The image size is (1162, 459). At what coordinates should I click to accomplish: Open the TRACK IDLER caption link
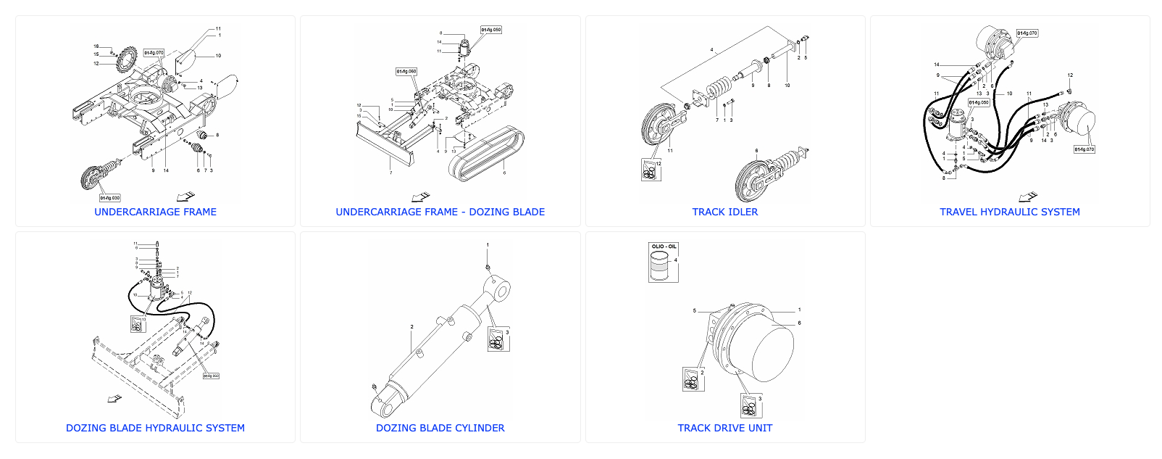[724, 212]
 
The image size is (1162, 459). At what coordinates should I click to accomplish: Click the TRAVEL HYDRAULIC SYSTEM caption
[1009, 212]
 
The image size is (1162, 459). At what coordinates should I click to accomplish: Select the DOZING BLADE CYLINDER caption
[440, 428]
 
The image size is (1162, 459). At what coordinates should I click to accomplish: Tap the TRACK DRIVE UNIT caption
[724, 428]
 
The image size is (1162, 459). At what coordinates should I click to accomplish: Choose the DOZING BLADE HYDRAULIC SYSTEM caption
[155, 428]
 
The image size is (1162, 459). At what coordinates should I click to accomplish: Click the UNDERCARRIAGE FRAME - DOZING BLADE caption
[440, 212]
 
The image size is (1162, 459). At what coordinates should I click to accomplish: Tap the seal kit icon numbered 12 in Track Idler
[650, 170]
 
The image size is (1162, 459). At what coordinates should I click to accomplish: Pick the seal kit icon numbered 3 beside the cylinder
[498, 339]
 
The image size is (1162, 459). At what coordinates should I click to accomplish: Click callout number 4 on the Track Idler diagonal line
[711, 51]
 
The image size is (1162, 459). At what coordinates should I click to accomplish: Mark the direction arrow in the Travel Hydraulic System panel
[1027, 197]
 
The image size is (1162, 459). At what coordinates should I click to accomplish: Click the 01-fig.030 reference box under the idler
[110, 197]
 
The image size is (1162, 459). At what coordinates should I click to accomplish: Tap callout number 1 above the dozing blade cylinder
[488, 245]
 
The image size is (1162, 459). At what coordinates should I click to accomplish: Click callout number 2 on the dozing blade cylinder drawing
[411, 327]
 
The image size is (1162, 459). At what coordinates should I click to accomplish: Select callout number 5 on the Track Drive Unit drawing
[694, 310]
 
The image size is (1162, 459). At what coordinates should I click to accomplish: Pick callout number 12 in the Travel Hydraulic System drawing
[1070, 75]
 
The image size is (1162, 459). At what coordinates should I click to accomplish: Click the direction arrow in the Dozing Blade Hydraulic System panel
[114, 398]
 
